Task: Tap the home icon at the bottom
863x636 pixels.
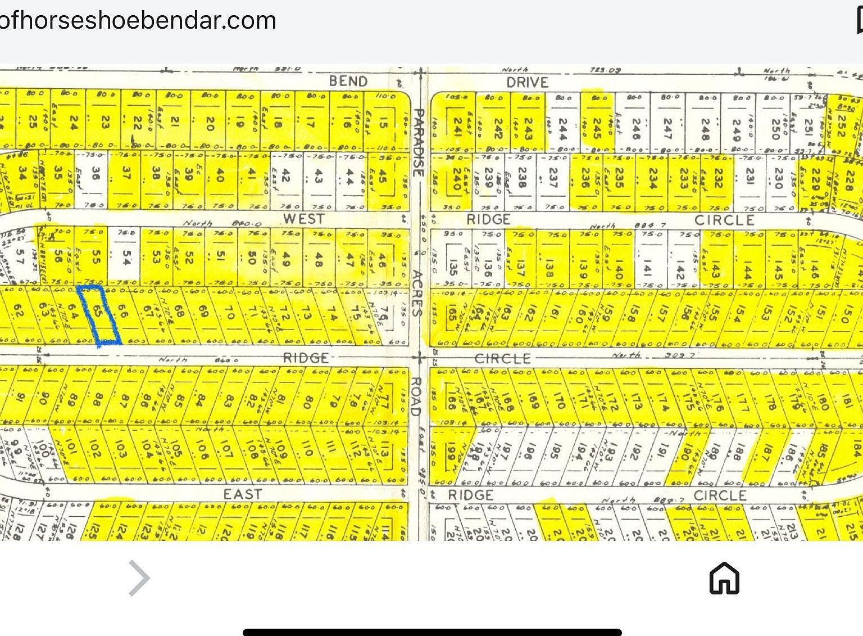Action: coord(724,578)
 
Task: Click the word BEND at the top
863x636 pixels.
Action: coord(348,81)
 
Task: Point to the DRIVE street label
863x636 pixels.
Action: coord(527,83)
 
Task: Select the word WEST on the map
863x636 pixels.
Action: coord(303,219)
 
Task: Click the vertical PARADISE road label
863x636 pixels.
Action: coord(417,144)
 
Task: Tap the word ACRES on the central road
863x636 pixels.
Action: coord(417,293)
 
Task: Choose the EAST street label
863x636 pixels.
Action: coord(243,494)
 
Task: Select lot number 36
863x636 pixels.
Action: coord(96,175)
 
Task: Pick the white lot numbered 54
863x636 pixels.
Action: coord(126,257)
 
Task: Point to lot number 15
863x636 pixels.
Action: coord(383,121)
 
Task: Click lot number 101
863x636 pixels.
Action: coord(70,450)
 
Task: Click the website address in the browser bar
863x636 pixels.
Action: coord(138,20)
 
